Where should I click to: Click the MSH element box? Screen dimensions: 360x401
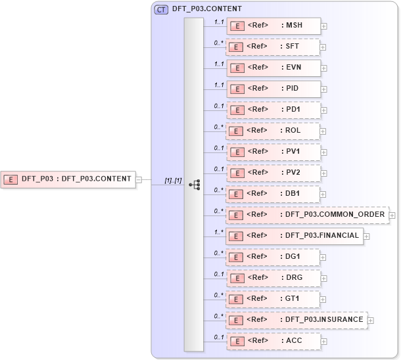click(x=273, y=26)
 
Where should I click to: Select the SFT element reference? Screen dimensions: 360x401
click(x=273, y=47)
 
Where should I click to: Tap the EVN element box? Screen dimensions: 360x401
click(x=273, y=68)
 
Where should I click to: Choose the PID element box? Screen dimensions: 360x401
click(x=273, y=89)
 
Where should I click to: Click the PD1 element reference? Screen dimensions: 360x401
click(x=273, y=110)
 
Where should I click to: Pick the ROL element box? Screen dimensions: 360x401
click(x=273, y=131)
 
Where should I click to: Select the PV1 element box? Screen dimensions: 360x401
click(x=273, y=152)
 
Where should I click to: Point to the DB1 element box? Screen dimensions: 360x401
click(x=273, y=194)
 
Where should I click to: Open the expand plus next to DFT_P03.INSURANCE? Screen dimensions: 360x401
click(x=371, y=321)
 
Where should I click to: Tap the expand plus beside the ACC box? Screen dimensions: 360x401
click(x=324, y=342)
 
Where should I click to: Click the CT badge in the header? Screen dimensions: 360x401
click(x=160, y=9)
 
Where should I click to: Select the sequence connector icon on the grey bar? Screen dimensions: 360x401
click(x=194, y=185)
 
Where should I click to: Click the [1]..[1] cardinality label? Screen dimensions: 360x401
click(x=173, y=180)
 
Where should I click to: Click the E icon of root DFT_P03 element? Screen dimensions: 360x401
click(x=11, y=179)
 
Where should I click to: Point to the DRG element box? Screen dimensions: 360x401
click(x=273, y=278)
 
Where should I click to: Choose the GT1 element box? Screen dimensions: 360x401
click(x=273, y=299)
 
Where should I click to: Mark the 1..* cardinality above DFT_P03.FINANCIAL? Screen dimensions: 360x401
click(x=218, y=231)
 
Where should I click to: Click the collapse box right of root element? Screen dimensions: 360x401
click(x=139, y=179)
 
